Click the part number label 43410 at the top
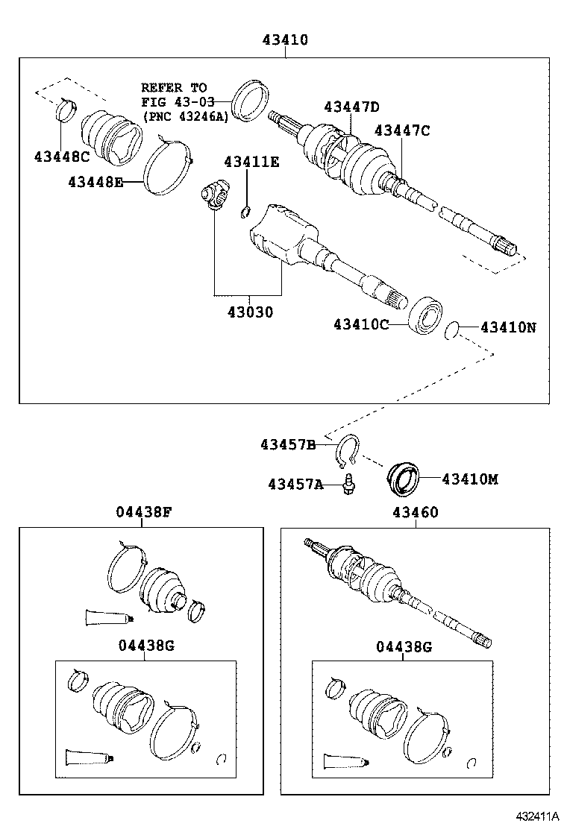[x=284, y=40]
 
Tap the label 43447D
[x=351, y=107]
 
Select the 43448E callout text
[x=95, y=182]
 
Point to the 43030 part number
[x=250, y=312]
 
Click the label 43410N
[x=507, y=327]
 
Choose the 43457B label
[x=287, y=445]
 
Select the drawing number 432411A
[x=535, y=816]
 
